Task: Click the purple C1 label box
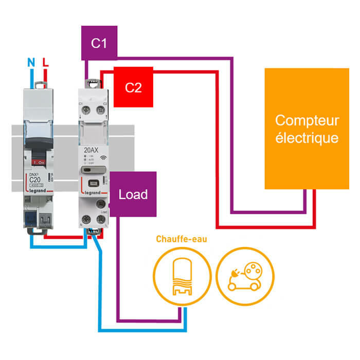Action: click(x=99, y=43)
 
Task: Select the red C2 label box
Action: click(x=133, y=87)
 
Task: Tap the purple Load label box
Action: click(x=133, y=194)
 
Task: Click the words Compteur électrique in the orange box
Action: click(x=307, y=129)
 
